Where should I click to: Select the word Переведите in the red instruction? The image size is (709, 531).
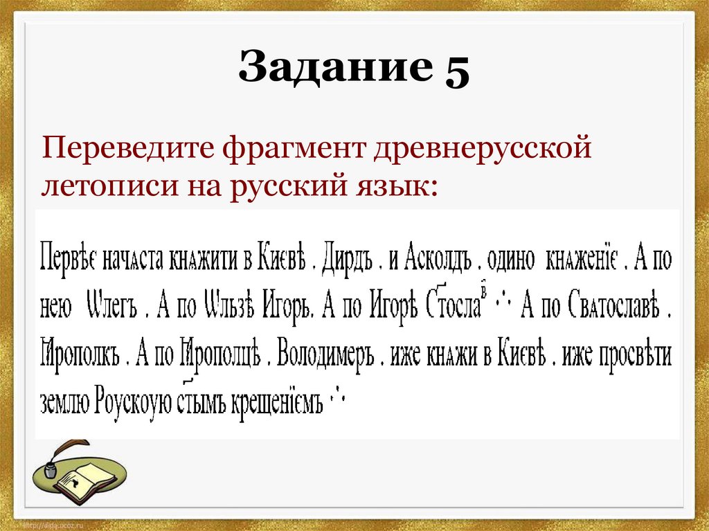pos(127,148)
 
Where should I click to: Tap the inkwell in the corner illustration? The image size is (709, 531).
pos(51,470)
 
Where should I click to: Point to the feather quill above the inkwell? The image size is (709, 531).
pos(69,451)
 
